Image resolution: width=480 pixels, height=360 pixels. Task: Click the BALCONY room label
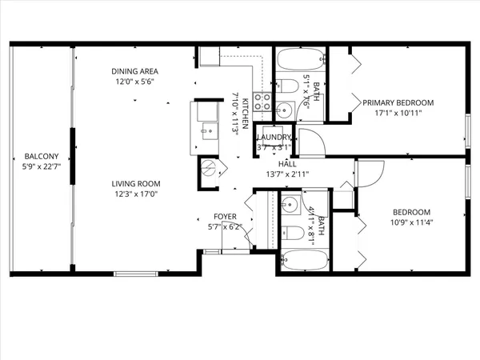40,156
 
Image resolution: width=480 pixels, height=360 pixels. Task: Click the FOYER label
224,217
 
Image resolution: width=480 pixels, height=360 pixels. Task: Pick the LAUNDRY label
274,138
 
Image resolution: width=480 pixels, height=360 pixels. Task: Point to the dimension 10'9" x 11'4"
411,222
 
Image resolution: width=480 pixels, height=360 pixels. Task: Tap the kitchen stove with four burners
262,102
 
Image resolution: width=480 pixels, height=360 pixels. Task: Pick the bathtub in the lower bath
304,261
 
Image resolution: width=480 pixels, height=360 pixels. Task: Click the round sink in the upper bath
284,110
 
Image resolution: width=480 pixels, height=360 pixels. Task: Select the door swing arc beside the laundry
310,142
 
